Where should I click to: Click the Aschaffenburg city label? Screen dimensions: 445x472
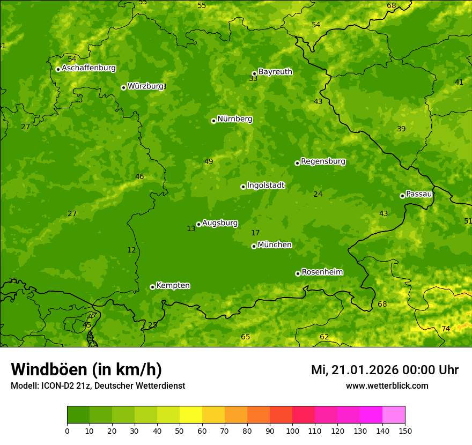[88, 68]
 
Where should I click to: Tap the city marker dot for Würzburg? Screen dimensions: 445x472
[123, 87]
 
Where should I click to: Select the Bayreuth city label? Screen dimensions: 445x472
[275, 71]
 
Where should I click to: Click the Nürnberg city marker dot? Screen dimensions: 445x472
[213, 121]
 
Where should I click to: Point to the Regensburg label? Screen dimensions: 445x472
[323, 161]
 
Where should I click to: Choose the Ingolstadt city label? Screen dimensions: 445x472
[265, 186]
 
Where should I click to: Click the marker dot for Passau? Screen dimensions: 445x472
[402, 196]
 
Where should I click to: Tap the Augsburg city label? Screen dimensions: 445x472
[220, 223]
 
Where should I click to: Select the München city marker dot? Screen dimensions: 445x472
[254, 246]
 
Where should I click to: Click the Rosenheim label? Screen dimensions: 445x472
[322, 272]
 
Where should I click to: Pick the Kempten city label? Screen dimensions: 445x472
[173, 285]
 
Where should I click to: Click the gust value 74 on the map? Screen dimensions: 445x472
[446, 329]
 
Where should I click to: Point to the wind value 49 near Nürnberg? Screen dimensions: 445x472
[209, 161]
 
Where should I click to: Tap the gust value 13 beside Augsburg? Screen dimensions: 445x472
[191, 228]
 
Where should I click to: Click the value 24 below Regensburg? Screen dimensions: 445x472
[318, 194]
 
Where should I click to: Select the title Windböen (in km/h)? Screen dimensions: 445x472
[86, 369]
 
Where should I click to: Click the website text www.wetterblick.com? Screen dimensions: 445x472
[387, 385]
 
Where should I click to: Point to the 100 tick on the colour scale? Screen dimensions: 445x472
[292, 431]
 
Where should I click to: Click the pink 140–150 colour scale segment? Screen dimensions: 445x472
[394, 415]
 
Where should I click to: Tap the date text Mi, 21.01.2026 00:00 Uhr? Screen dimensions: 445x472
[385, 370]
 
